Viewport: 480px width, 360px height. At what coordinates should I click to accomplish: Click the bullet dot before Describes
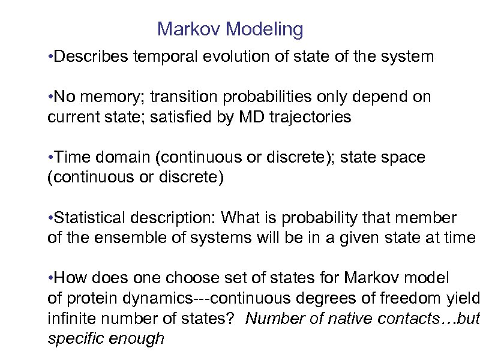(x=50, y=58)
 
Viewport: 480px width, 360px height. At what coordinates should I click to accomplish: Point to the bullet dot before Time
(x=50, y=158)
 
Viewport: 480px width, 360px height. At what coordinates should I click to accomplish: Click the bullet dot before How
(x=50, y=278)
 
